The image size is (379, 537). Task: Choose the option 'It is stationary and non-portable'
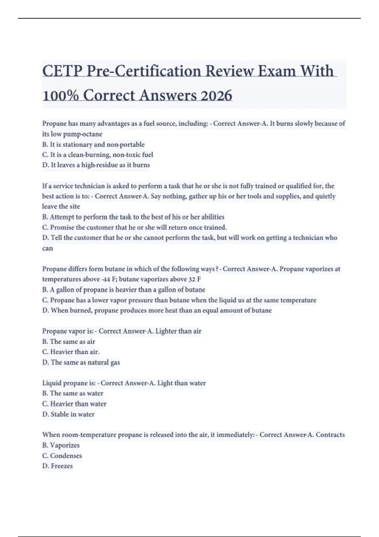point(93,144)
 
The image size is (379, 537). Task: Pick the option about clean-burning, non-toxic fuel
point(98,155)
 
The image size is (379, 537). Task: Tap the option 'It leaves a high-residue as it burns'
point(96,165)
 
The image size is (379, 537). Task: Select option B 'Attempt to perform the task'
point(133,217)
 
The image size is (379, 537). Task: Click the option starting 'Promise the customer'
point(135,227)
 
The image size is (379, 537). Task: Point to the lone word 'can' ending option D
point(48,248)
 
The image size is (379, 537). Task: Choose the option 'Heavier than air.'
point(71,352)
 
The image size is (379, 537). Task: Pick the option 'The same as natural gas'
point(81,362)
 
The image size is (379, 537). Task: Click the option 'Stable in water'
point(68,414)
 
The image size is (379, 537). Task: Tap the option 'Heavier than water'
point(74,404)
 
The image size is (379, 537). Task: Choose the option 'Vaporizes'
point(61,445)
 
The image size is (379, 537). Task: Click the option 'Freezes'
point(57,466)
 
